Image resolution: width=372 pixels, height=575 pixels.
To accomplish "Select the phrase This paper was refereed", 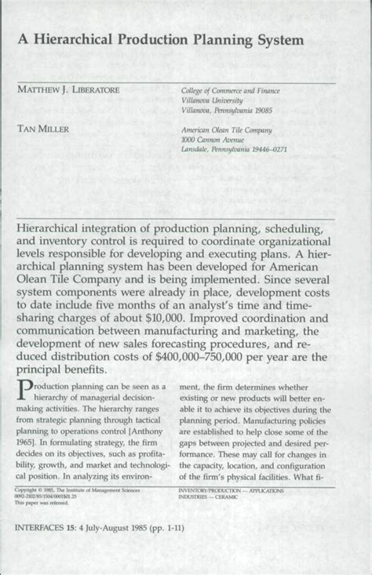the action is (x=44, y=503).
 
